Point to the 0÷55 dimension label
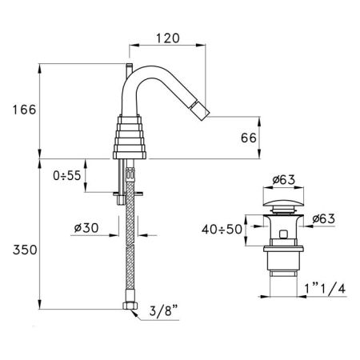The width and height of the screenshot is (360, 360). [67, 174]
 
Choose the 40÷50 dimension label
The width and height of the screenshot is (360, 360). [220, 230]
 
